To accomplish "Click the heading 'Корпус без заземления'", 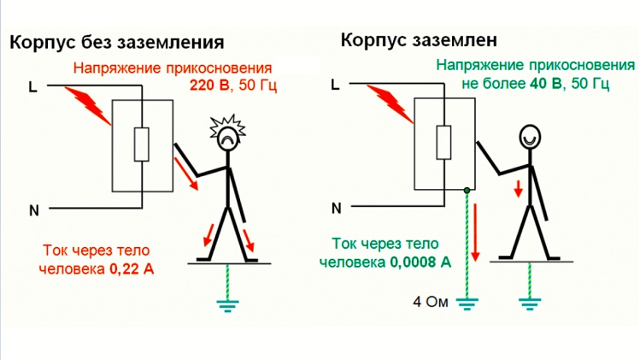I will coord(117,43).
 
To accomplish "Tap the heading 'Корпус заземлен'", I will coord(419,39).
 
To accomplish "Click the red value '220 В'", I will coord(209,86).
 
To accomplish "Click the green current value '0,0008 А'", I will coord(420,263).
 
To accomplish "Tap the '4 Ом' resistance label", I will coord(431,302).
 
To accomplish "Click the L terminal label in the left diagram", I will coord(32,87).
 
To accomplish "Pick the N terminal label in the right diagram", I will coord(336,208).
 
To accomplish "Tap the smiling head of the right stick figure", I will coord(530,136).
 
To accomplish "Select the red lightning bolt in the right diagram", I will coord(396,103).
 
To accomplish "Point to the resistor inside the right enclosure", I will coord(443,142).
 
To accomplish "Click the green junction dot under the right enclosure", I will coord(467,190).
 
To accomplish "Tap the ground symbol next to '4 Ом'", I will coord(467,302).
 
